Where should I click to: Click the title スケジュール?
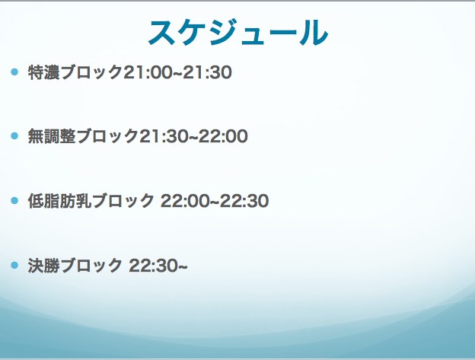tap(238, 33)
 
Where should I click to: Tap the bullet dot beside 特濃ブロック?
tap(14, 72)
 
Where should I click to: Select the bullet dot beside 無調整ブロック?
tap(14, 136)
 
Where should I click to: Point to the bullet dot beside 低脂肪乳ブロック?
tap(14, 200)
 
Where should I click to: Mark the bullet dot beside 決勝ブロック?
tap(14, 265)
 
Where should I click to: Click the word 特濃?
tap(43, 72)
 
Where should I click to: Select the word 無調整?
tap(52, 136)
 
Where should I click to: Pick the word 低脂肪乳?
tap(59, 201)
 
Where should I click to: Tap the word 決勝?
tap(43, 266)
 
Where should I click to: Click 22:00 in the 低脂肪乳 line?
tap(185, 201)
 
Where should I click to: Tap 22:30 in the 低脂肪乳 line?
tap(244, 201)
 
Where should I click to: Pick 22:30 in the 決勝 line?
tap(153, 266)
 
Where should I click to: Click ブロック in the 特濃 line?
tap(91, 72)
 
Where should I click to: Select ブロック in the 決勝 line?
tap(91, 266)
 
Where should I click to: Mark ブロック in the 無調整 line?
tap(107, 136)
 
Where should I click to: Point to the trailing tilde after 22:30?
tap(183, 266)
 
